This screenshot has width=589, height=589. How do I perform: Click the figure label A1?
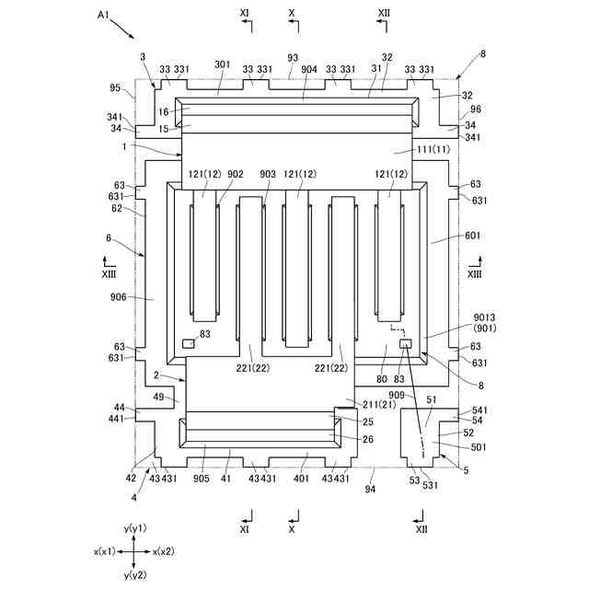pos(103,16)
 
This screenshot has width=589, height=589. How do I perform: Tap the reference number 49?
pos(158,398)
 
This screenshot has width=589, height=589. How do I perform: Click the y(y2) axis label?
pos(134,575)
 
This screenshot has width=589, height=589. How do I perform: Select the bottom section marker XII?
pos(421,529)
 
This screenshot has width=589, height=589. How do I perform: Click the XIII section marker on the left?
pos(110,273)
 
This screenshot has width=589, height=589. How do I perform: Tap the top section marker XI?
pos(245,15)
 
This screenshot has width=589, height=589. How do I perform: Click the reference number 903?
pos(268,174)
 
